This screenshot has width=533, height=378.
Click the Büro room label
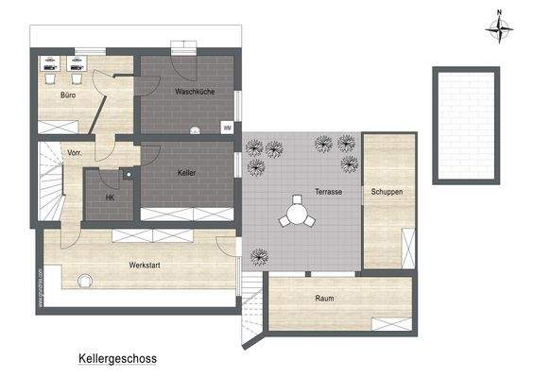(67, 95)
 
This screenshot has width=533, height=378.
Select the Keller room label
(186, 173)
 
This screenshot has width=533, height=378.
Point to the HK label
(110, 198)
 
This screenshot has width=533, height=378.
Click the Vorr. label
(75, 152)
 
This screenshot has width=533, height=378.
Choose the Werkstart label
(145, 266)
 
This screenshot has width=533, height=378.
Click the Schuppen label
(387, 192)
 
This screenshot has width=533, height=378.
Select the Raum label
(325, 299)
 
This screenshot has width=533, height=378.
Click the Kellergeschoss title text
(118, 359)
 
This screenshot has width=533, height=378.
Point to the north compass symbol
(498, 27)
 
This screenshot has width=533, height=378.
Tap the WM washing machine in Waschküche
(227, 127)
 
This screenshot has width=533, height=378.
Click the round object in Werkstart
(85, 281)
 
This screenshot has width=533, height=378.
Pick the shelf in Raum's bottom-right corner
(391, 324)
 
